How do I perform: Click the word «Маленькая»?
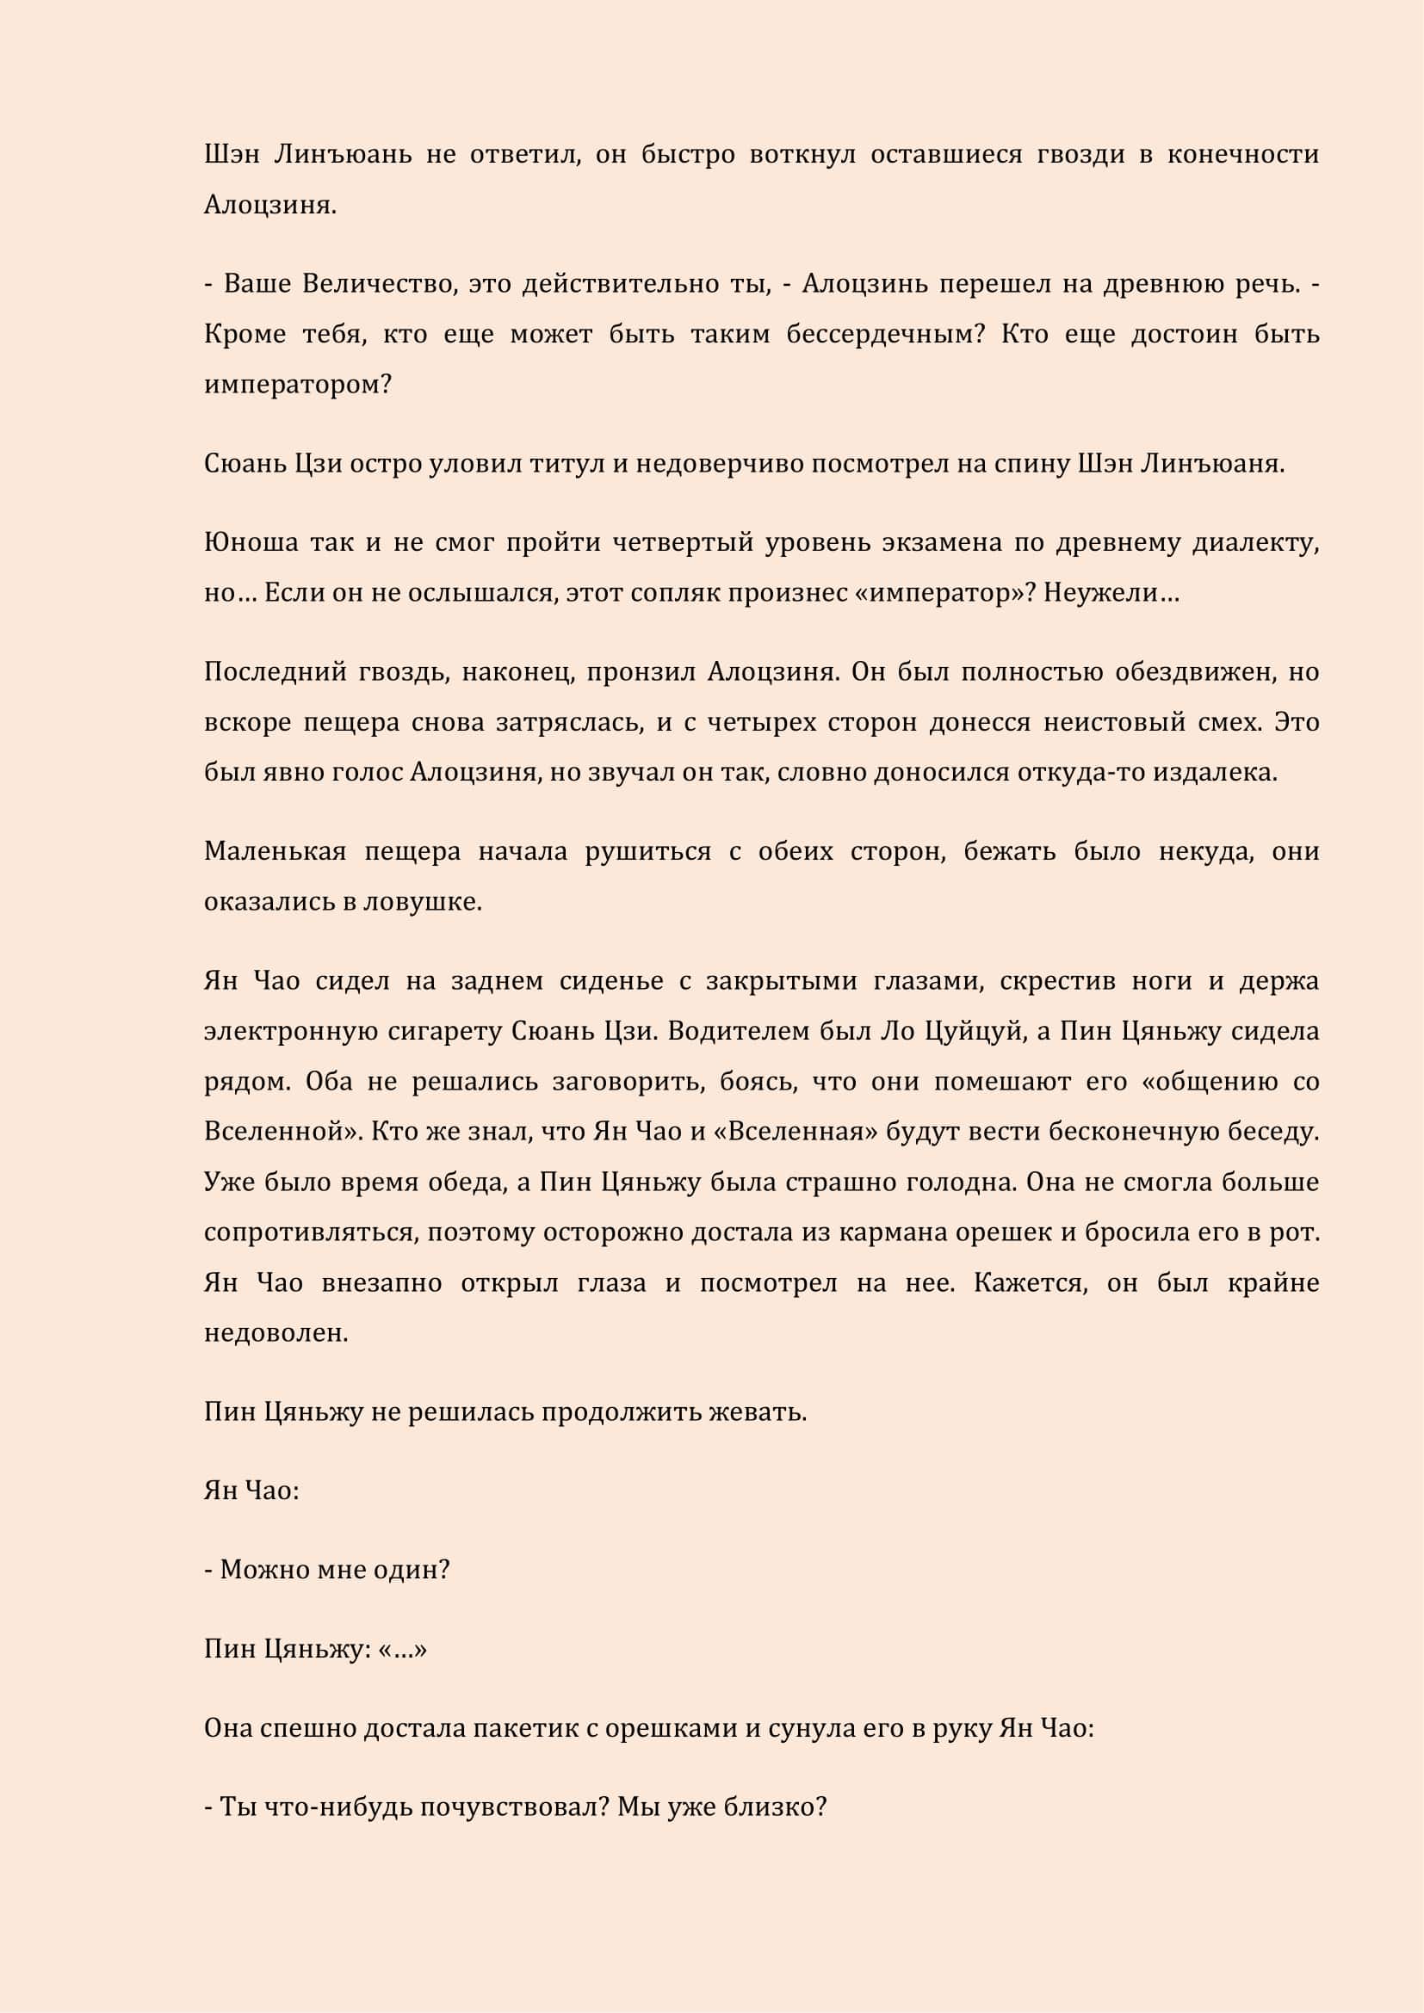275,851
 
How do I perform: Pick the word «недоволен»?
276,1333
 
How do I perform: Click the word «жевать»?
756,1412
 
